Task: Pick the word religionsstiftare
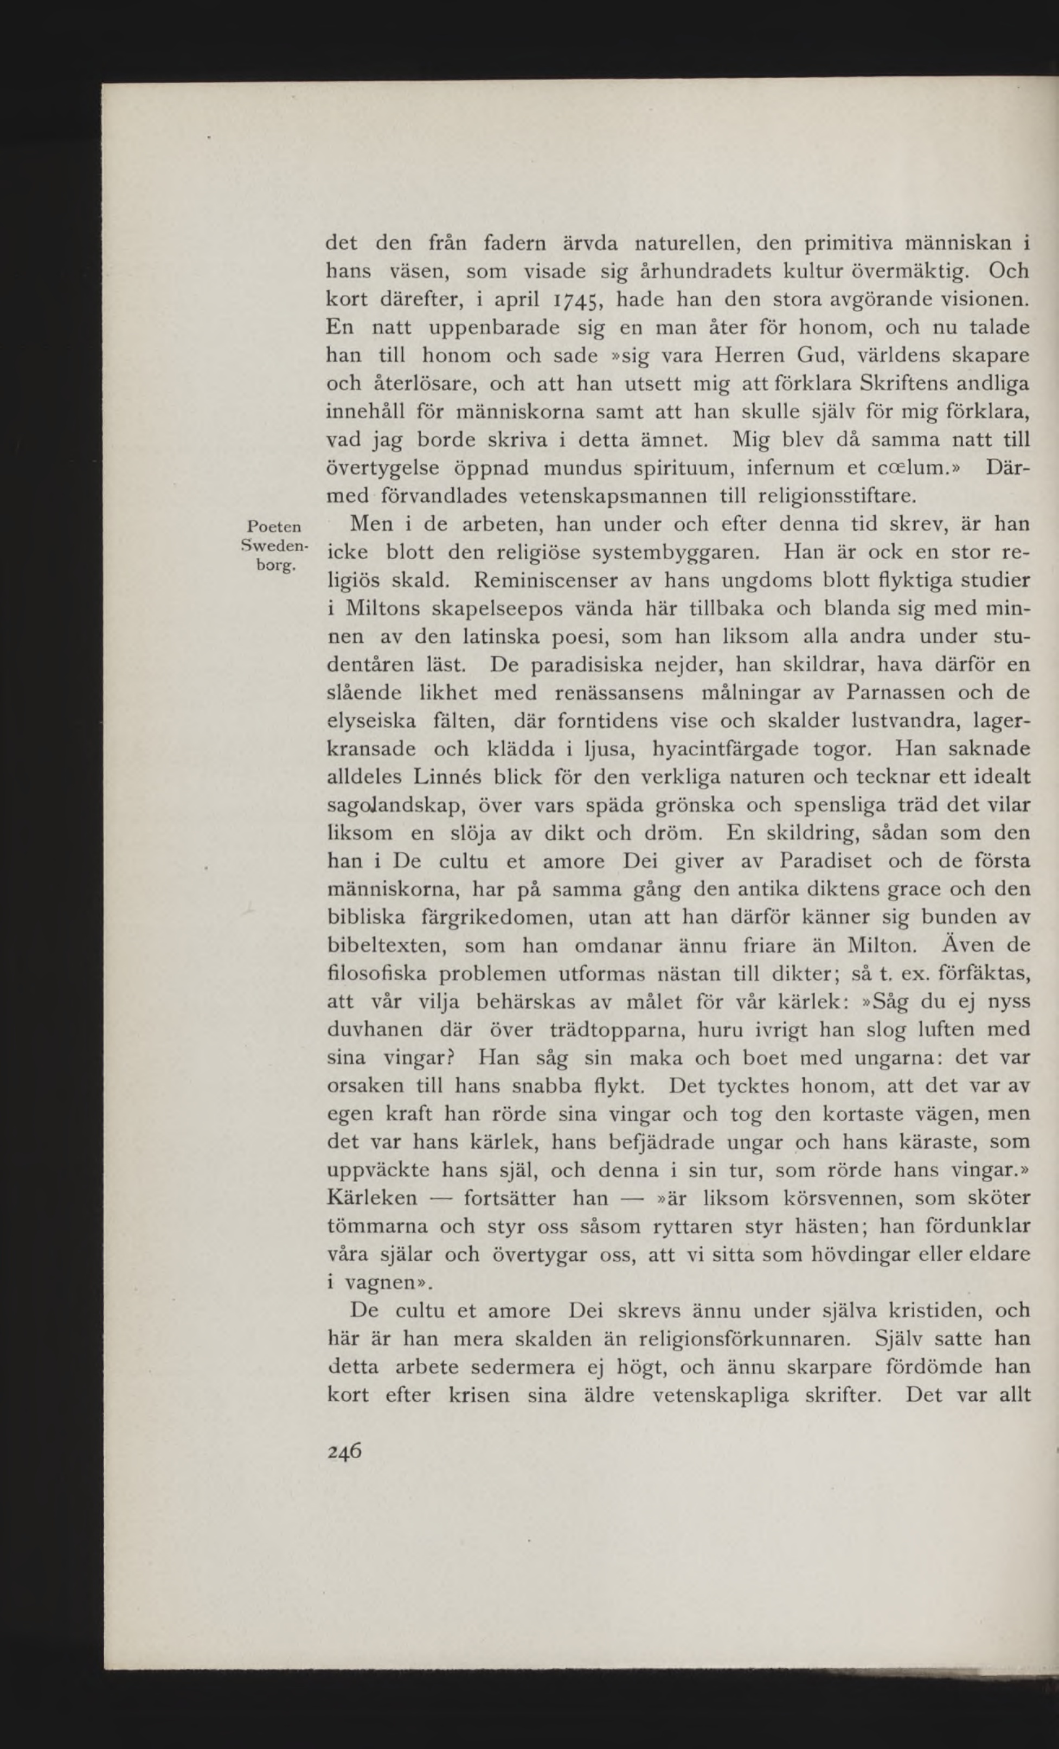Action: [838, 495]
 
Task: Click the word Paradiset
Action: [826, 861]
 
